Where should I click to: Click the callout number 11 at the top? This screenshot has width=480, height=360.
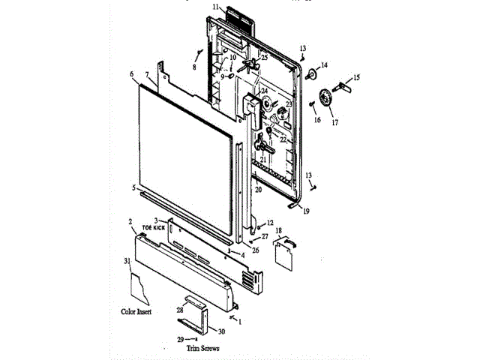click(214, 7)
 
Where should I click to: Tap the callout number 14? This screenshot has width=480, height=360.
click(325, 64)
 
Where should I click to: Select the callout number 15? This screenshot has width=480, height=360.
click(356, 76)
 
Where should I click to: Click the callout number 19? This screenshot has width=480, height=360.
click(306, 211)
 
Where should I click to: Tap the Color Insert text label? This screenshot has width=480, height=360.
click(136, 310)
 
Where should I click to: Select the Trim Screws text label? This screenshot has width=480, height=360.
click(203, 348)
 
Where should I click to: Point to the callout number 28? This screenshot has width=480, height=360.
click(180, 309)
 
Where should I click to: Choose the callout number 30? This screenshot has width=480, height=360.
click(221, 331)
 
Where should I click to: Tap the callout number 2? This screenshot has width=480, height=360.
click(130, 222)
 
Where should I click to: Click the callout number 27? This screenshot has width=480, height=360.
click(265, 236)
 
